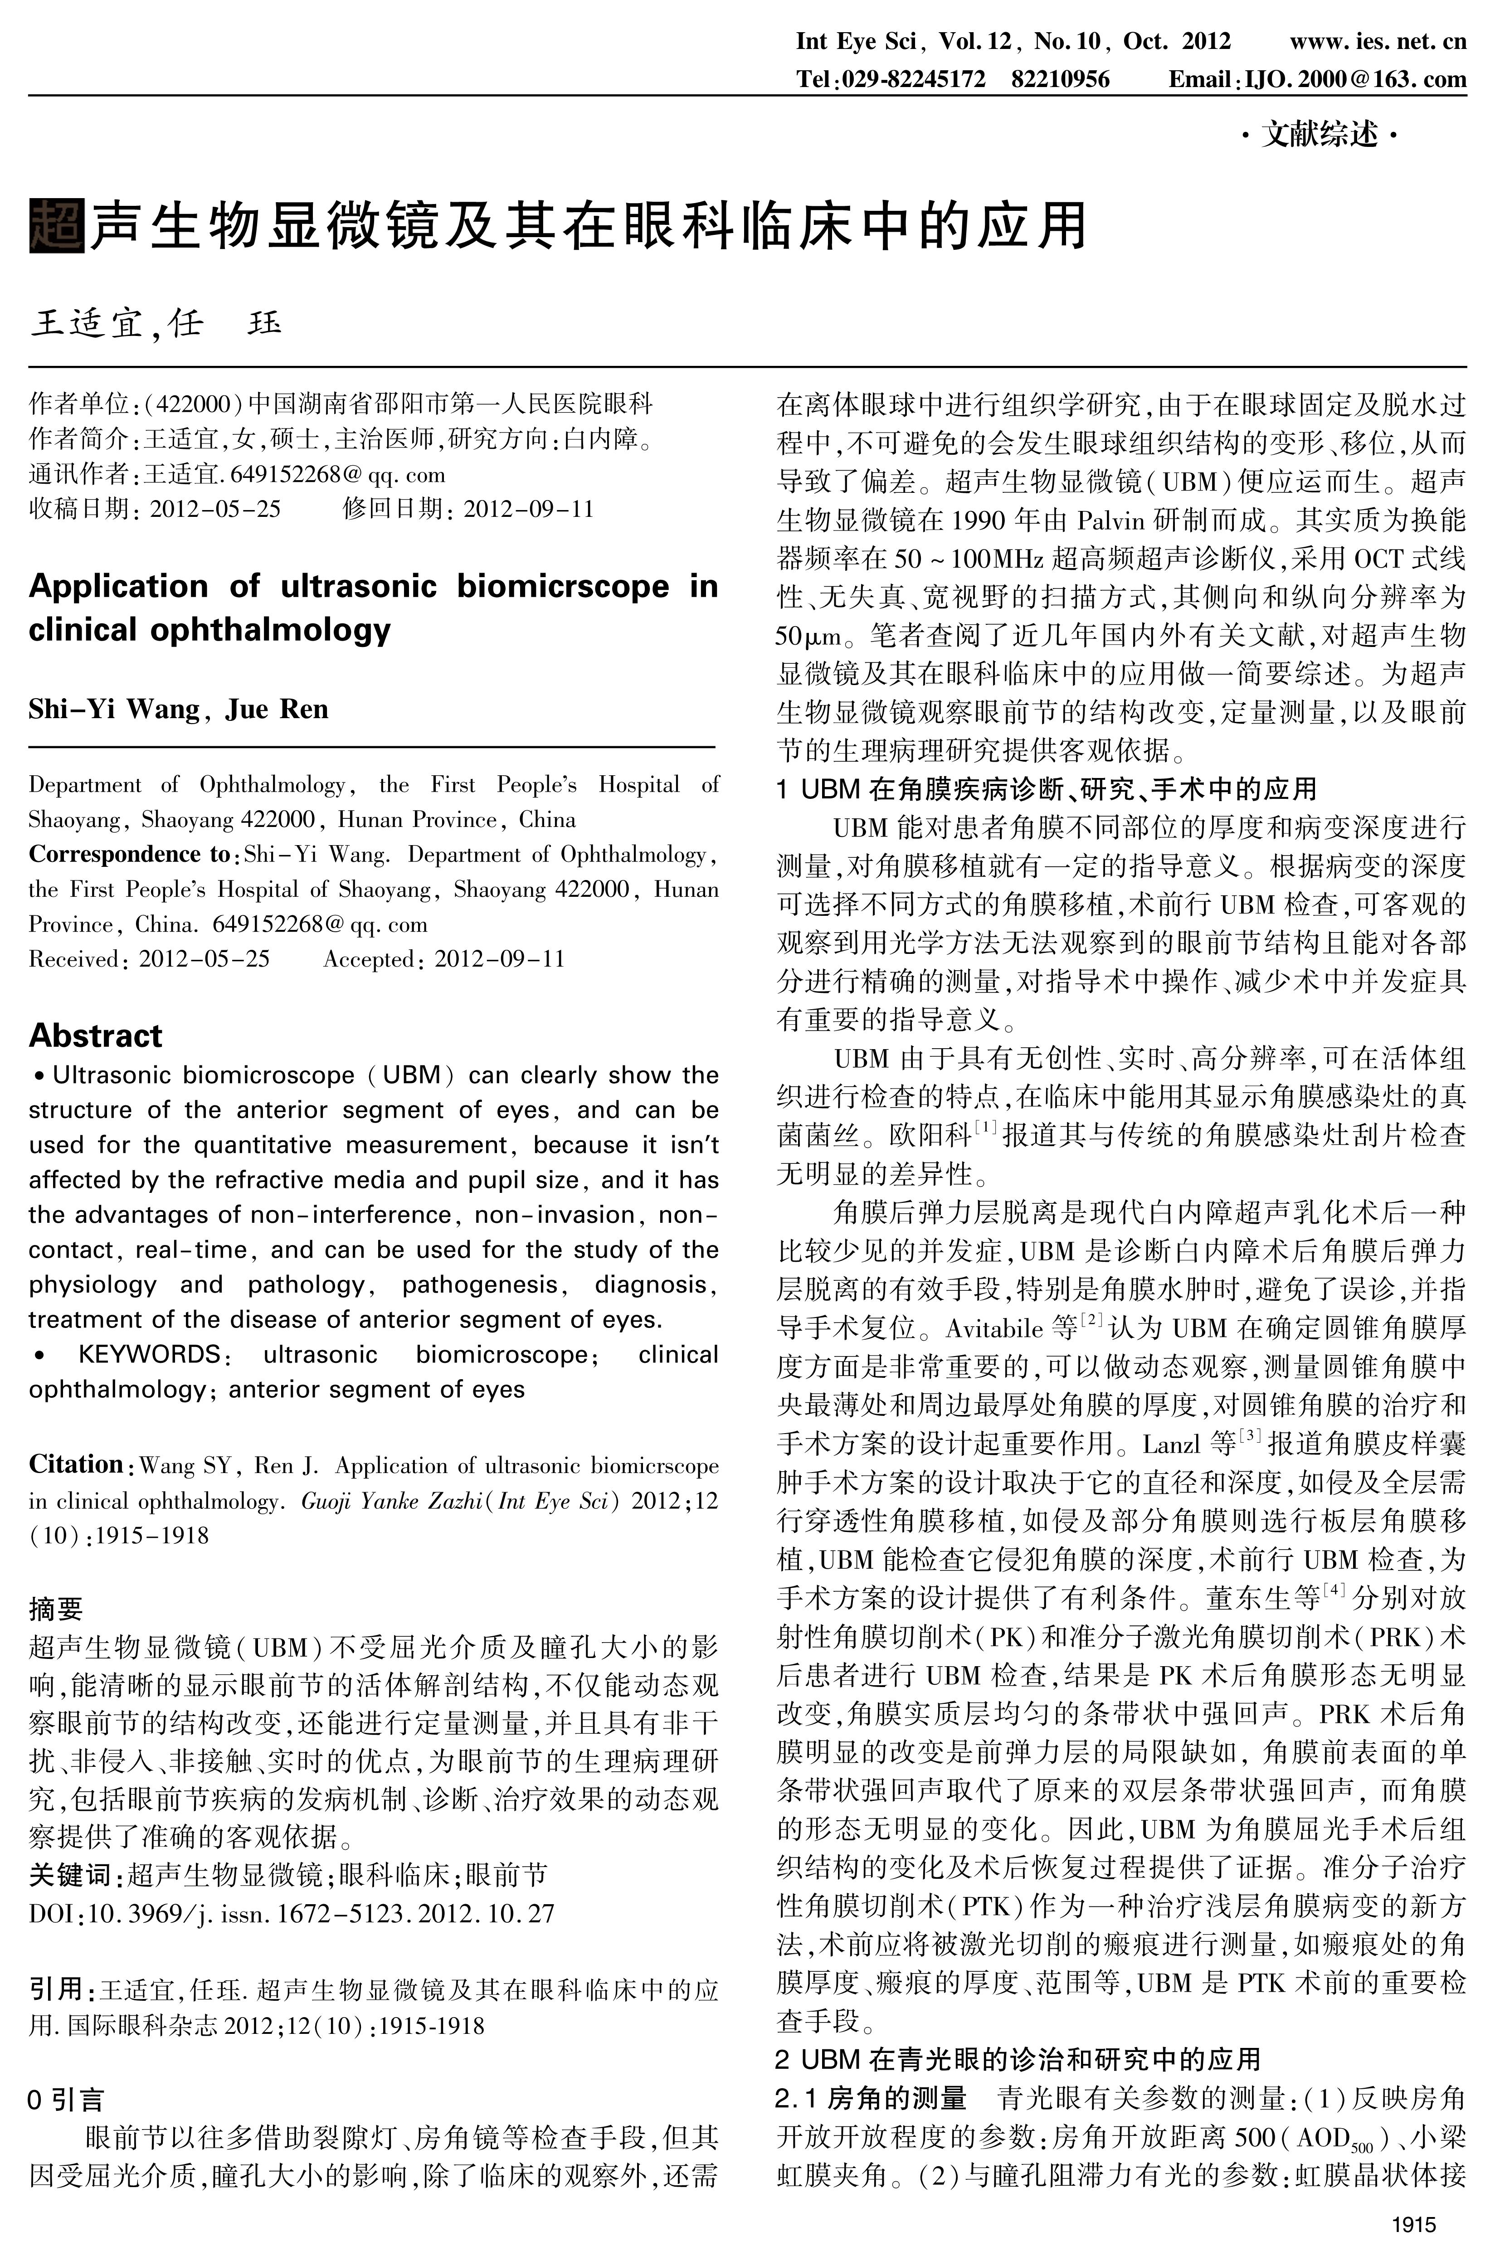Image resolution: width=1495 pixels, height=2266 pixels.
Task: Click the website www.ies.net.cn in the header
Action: tap(1378, 42)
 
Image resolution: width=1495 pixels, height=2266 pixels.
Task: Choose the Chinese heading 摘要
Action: tap(56, 1609)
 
